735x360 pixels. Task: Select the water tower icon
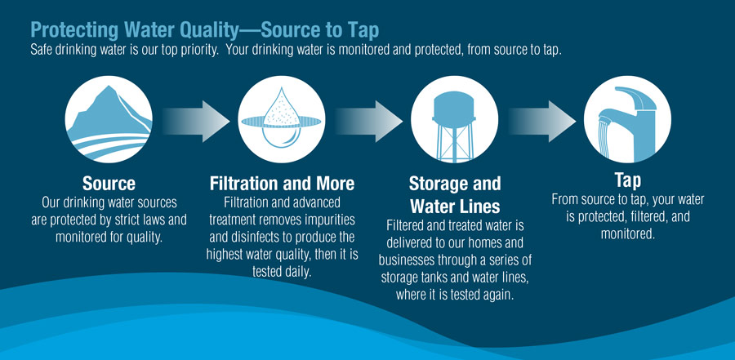[443, 123]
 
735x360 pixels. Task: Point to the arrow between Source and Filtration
[194, 122]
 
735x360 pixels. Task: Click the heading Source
[109, 183]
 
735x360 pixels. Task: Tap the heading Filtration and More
[282, 183]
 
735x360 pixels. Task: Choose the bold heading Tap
[627, 180]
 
